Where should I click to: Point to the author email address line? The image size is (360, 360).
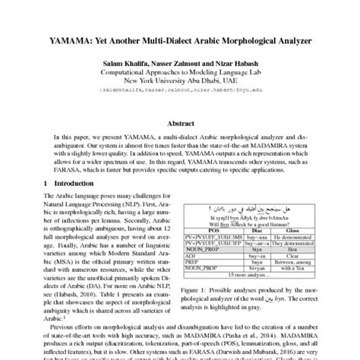[x=180, y=89]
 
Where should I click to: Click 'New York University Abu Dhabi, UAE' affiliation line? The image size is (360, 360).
[x=180, y=78]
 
